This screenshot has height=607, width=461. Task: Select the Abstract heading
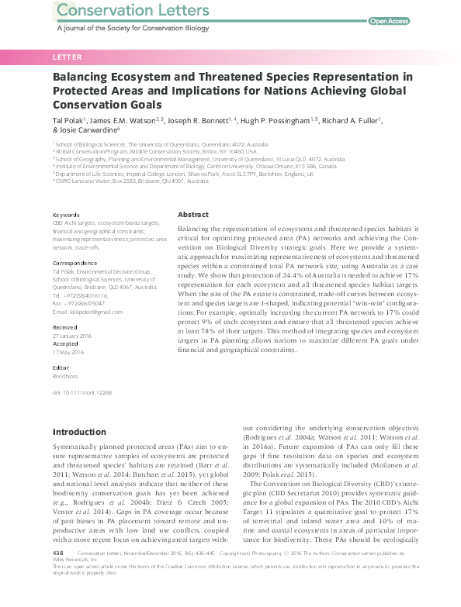point(193,214)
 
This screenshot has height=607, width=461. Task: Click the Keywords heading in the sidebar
point(65,215)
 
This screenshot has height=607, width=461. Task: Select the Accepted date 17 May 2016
point(68,351)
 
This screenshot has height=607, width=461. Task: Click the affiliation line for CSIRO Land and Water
point(121,181)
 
